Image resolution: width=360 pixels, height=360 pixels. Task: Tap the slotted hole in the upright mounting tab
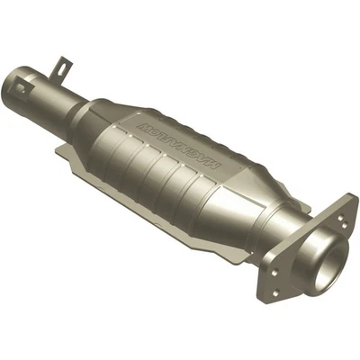point(62,66)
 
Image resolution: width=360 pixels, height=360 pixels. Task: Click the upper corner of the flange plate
point(345,195)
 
